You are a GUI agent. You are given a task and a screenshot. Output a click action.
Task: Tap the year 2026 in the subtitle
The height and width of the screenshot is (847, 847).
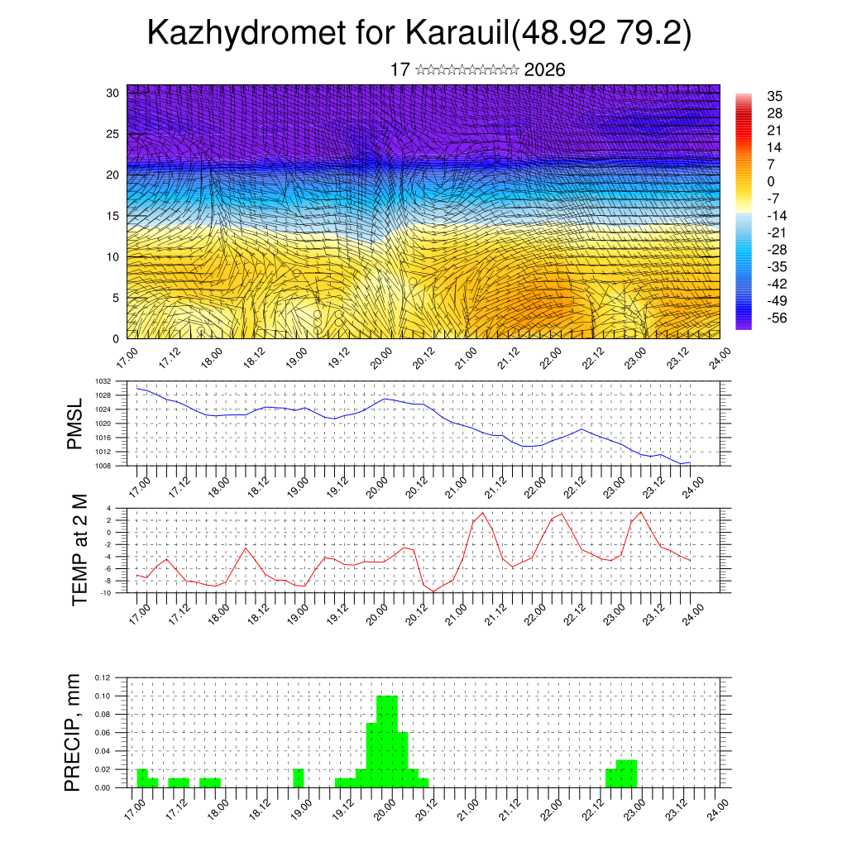(x=544, y=70)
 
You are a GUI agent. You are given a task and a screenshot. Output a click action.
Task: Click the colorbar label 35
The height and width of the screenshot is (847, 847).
(x=775, y=96)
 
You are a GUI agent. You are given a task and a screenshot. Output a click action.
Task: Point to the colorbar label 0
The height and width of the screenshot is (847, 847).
(x=771, y=181)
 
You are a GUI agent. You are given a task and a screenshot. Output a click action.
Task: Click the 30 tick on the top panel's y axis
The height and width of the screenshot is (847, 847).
(x=112, y=93)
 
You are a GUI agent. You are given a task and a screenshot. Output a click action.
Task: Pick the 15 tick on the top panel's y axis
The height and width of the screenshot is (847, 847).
(x=112, y=216)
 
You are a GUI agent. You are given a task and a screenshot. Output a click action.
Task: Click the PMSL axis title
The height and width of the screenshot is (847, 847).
(x=75, y=423)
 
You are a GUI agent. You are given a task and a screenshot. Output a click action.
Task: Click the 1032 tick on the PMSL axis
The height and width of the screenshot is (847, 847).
(x=103, y=381)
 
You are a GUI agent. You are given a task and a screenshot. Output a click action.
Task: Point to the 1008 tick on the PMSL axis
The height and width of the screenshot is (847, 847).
(x=103, y=466)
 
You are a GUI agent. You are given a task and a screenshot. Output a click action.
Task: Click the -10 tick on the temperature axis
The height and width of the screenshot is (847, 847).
(x=106, y=593)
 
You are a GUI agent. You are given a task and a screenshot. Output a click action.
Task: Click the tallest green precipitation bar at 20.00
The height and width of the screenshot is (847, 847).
(x=387, y=741)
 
